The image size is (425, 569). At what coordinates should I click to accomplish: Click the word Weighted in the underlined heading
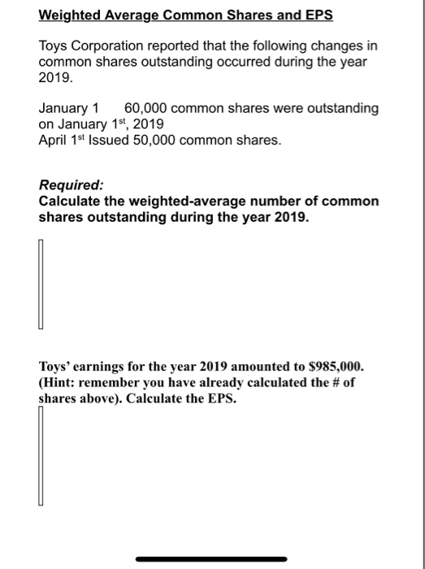[72, 15]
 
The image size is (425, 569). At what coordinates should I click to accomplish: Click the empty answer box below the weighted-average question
[39, 280]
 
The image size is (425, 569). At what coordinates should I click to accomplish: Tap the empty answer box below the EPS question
[39, 454]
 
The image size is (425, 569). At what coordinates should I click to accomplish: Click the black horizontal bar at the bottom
[211, 558]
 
